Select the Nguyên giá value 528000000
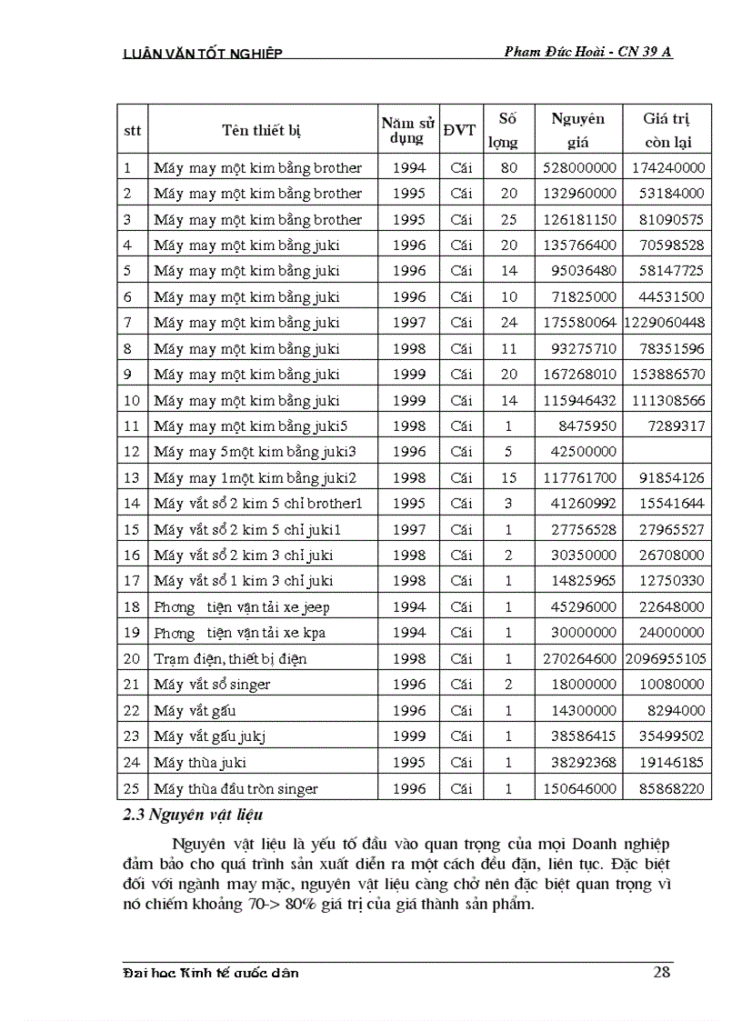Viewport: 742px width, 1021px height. (x=578, y=167)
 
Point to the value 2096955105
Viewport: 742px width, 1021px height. (x=667, y=658)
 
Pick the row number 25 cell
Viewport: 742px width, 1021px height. (x=133, y=788)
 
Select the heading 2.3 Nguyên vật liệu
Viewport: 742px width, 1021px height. (x=193, y=816)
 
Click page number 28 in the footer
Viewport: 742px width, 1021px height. (x=662, y=973)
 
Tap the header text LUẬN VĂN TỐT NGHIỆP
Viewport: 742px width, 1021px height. (x=202, y=53)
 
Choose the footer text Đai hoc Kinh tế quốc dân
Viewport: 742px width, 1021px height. (x=210, y=973)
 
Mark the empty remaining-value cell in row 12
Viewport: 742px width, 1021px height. (x=667, y=452)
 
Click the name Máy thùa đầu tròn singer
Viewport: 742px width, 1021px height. (x=236, y=788)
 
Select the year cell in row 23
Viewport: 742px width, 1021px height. (x=408, y=736)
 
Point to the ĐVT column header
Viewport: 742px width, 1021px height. (x=459, y=130)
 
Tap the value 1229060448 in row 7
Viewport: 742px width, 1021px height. (x=667, y=323)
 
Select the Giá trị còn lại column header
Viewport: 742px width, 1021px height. (x=667, y=130)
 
